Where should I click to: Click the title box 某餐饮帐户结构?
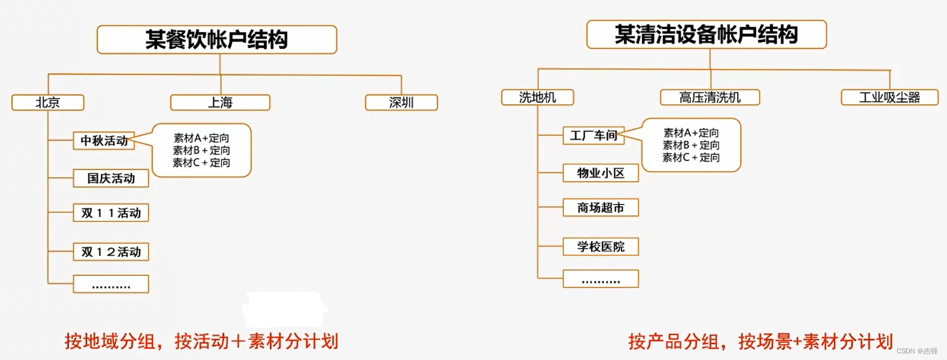(217, 39)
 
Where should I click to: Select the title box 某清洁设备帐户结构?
(706, 34)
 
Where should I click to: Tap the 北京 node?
(47, 103)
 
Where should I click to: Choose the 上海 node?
(220, 103)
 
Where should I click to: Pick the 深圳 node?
(401, 103)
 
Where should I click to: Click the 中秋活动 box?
(104, 141)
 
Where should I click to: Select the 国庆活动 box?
(111, 178)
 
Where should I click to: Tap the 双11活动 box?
(111, 213)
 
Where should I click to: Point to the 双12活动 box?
(111, 251)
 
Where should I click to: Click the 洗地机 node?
(537, 97)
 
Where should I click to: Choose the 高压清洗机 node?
(709, 97)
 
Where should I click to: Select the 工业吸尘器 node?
(890, 97)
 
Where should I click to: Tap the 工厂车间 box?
(594, 136)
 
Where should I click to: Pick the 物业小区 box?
(600, 174)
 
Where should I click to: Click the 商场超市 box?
(600, 208)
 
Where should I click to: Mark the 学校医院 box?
(600, 246)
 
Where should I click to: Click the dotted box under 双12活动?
(111, 284)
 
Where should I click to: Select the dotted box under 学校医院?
(600, 279)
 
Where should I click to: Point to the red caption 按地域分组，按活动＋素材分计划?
(202, 341)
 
